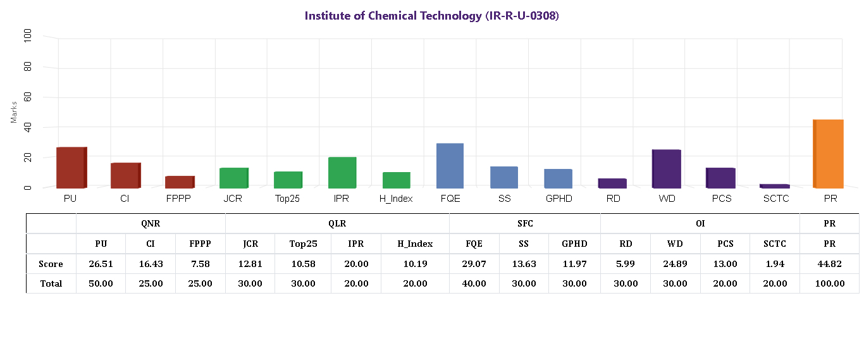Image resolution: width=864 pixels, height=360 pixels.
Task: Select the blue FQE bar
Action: [450, 166]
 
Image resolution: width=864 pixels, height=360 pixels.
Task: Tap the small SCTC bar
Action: [774, 186]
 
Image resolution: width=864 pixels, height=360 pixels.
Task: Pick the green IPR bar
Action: [342, 172]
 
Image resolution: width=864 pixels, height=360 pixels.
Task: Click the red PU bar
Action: [71, 168]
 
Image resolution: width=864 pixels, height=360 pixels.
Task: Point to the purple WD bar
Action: [666, 169]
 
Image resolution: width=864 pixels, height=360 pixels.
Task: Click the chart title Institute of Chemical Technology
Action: [431, 16]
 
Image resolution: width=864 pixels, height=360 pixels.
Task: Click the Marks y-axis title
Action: [14, 111]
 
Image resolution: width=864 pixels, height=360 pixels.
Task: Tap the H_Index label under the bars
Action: [396, 199]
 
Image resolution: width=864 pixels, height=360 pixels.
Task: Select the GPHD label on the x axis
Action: [559, 199]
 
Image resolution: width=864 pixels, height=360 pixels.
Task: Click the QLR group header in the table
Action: [336, 223]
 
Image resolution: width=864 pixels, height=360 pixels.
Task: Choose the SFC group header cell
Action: [524, 223]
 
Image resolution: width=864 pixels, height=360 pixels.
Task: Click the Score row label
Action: [51, 264]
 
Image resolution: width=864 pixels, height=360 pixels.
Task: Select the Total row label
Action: [51, 283]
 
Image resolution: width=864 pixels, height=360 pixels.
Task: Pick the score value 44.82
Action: [829, 264]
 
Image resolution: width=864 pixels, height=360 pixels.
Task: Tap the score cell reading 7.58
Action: [200, 264]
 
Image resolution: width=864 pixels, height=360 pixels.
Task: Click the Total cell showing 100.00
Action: [829, 283]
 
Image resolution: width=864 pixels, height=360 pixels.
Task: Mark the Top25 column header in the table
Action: [303, 244]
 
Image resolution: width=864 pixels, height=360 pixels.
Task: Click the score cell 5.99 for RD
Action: [625, 264]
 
